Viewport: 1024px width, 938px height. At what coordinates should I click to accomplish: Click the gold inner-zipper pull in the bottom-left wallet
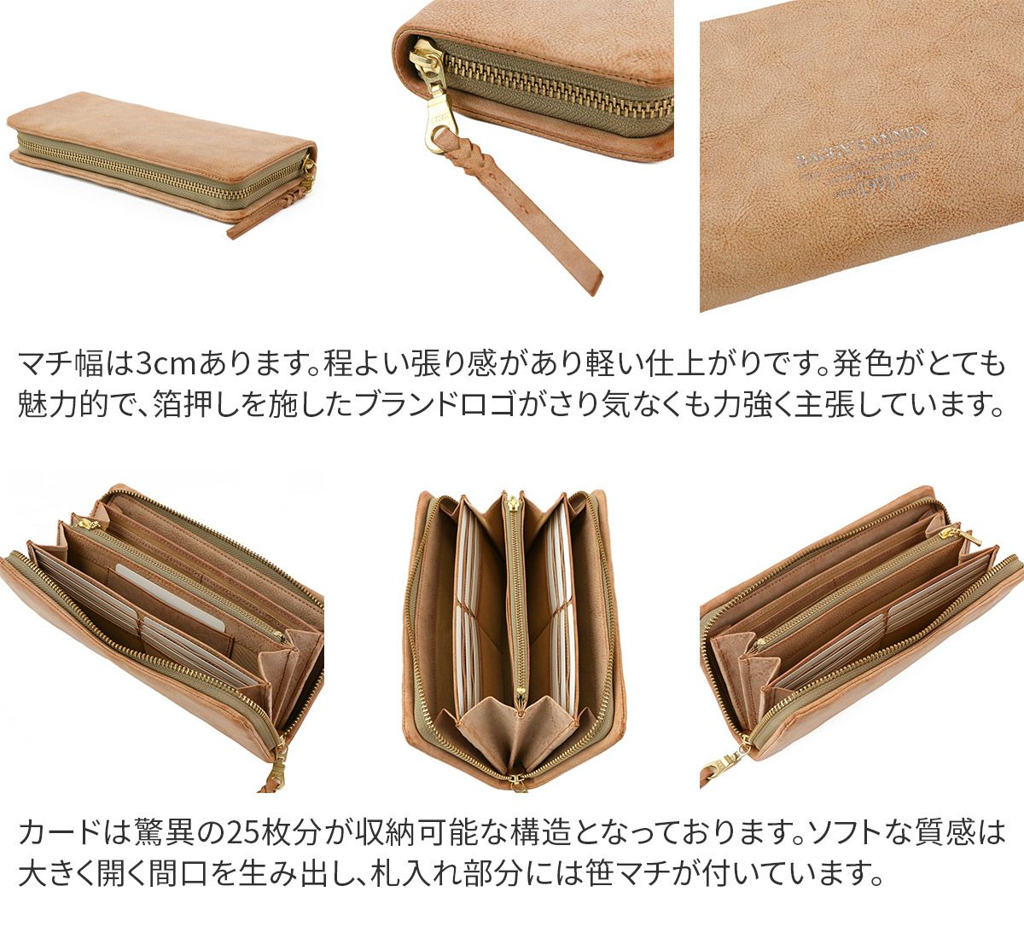pyautogui.click(x=79, y=521)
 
